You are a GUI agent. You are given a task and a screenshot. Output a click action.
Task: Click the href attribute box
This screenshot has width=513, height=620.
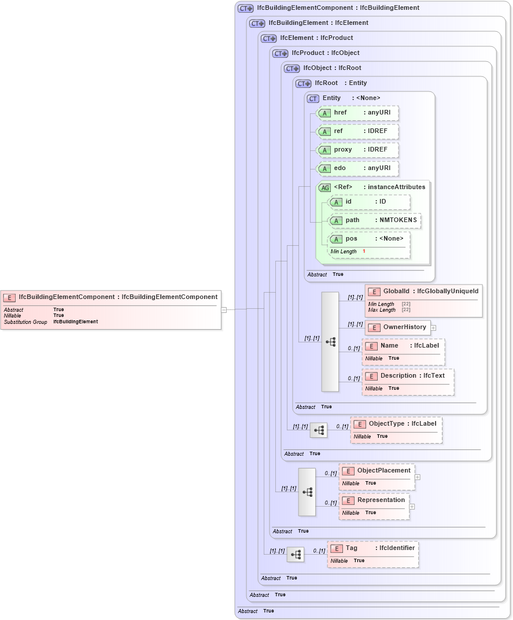click(x=357, y=113)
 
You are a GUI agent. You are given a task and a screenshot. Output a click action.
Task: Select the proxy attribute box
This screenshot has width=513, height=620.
click(x=357, y=150)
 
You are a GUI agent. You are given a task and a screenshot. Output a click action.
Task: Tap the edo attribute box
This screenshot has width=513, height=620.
click(x=357, y=168)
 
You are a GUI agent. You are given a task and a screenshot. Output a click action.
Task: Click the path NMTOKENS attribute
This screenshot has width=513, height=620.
click(x=374, y=220)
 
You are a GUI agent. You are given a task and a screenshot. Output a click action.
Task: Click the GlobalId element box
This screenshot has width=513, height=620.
click(x=423, y=300)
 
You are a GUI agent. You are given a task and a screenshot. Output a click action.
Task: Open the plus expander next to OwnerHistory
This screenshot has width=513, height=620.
click(x=433, y=328)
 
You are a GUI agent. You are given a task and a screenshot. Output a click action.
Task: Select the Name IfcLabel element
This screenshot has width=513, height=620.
click(x=403, y=351)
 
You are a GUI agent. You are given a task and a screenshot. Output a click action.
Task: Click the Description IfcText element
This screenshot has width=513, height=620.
click(x=408, y=381)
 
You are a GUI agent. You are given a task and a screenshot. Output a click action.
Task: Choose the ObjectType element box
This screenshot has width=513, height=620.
click(x=396, y=429)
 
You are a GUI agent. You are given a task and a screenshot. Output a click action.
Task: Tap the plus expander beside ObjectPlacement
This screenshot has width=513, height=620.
click(x=417, y=477)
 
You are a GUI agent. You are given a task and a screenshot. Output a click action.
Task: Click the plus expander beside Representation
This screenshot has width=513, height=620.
click(x=412, y=507)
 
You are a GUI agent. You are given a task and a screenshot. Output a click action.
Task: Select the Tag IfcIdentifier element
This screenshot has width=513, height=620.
click(x=373, y=553)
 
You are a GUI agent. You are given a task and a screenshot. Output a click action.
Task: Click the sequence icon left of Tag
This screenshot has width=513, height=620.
click(x=296, y=555)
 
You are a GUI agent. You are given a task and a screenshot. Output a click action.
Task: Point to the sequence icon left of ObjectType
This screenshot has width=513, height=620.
click(x=319, y=430)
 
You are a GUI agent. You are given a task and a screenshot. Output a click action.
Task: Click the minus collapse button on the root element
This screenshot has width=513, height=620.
click(x=224, y=309)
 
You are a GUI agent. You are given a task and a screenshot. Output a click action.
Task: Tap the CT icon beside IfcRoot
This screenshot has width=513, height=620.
click(x=303, y=83)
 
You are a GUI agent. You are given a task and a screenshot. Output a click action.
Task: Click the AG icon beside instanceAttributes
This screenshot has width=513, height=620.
click(x=324, y=187)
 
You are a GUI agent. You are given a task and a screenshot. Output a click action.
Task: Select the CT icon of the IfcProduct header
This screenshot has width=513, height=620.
click(x=280, y=53)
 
